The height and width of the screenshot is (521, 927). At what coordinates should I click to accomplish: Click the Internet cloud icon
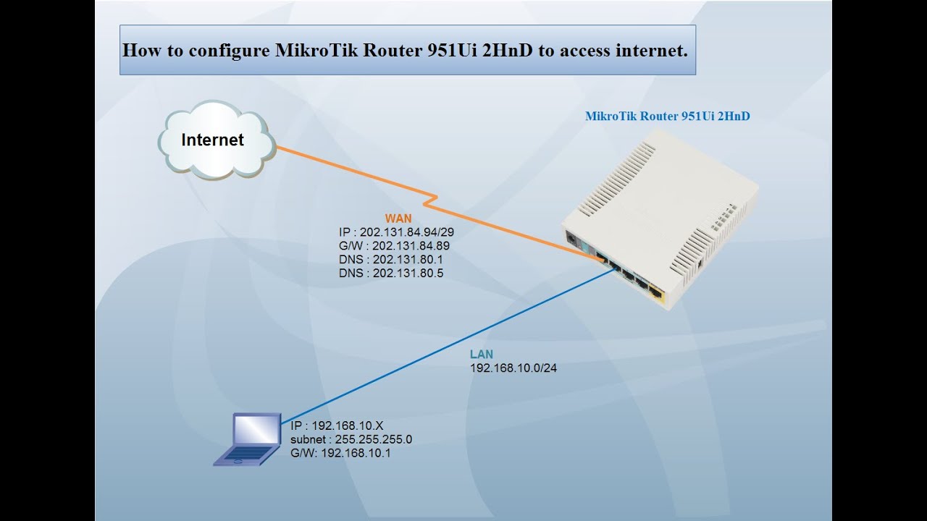216,140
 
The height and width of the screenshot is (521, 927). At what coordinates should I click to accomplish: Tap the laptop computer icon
248,439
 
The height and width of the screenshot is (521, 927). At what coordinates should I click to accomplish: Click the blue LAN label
482,355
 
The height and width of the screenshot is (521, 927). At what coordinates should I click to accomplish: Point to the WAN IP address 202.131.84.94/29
396,232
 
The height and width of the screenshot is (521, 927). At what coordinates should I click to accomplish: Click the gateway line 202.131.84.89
394,246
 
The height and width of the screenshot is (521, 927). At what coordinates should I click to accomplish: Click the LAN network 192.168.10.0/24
513,368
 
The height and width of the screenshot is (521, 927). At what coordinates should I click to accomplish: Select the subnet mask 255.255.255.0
351,439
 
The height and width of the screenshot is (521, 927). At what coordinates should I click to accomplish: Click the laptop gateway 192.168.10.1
340,453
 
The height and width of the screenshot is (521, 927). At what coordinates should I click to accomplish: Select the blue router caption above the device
667,116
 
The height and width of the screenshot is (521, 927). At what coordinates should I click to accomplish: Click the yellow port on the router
656,293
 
